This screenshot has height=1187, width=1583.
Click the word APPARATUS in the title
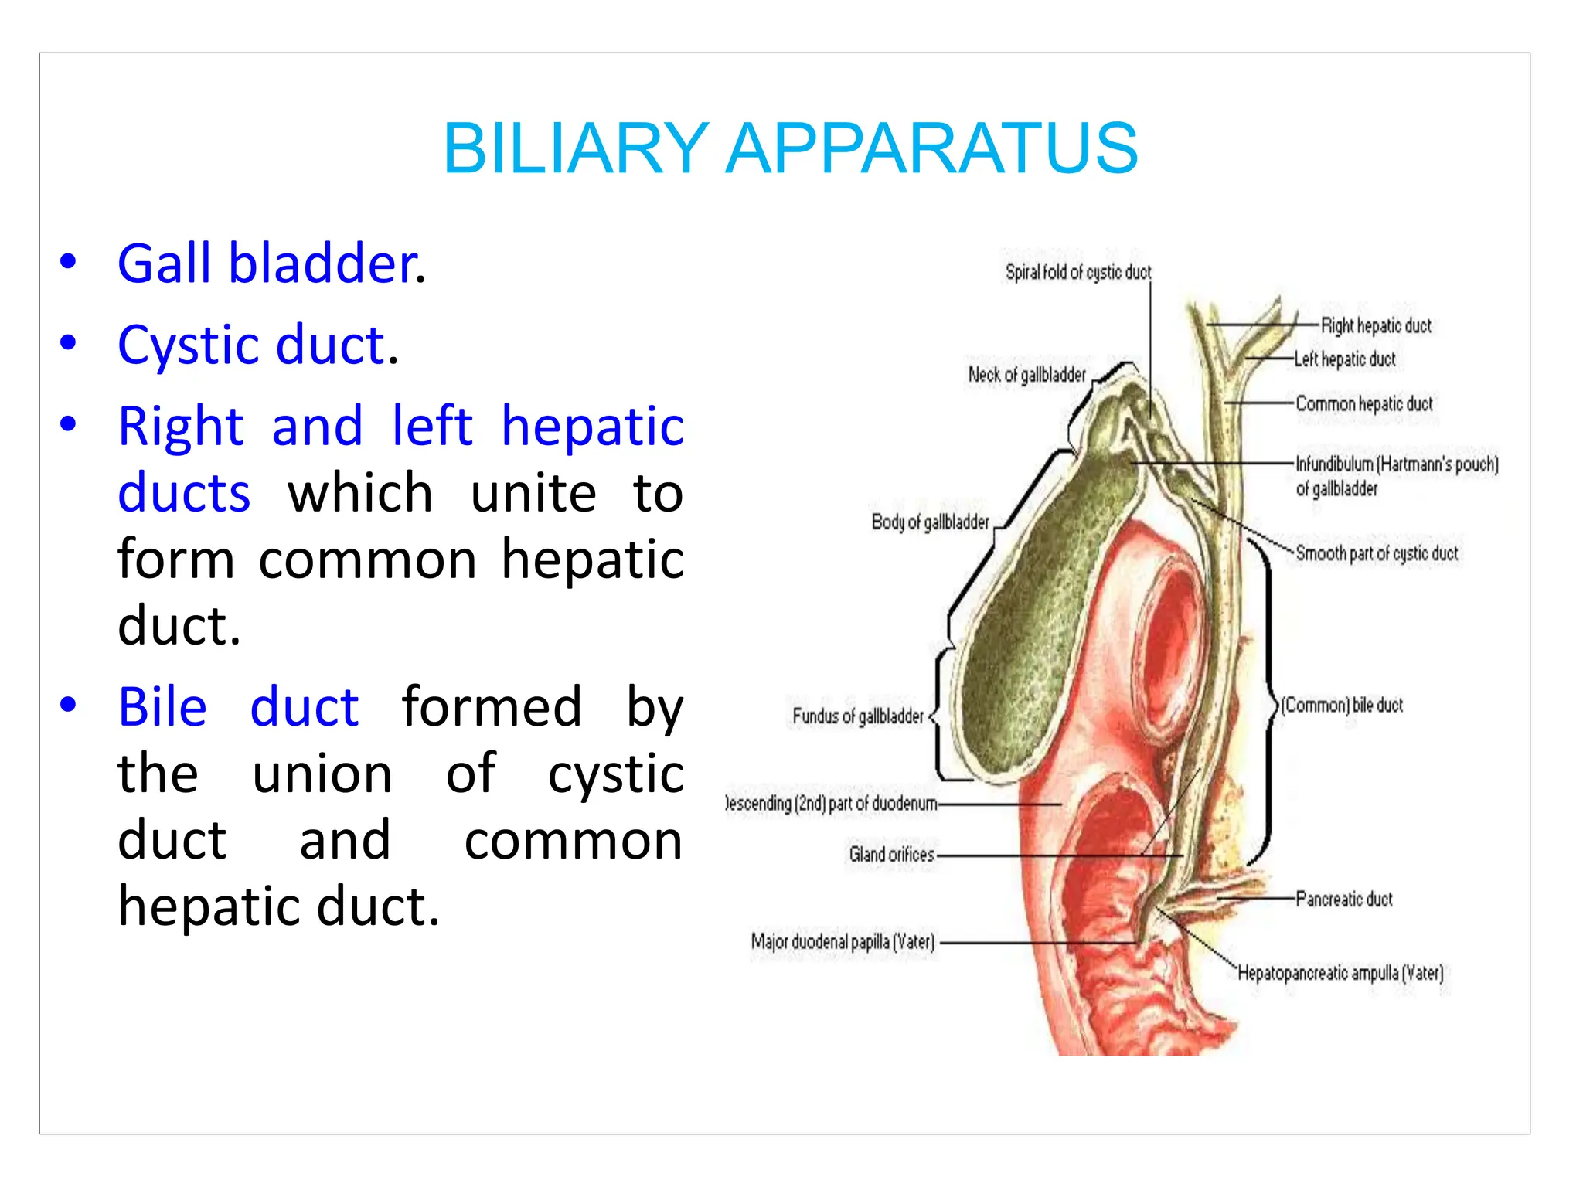(x=931, y=148)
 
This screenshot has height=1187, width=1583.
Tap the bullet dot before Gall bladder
(x=68, y=262)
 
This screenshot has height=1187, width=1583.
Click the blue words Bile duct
(x=238, y=706)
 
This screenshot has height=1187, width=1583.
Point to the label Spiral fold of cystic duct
(x=1077, y=272)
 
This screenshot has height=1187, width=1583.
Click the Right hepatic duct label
(x=1376, y=325)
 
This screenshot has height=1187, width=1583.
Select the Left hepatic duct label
(x=1345, y=359)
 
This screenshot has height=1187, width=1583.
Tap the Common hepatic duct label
(x=1363, y=403)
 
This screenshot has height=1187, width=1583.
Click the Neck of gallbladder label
(x=1026, y=375)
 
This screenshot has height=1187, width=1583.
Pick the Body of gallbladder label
(x=930, y=522)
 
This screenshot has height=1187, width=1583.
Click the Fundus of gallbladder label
(x=857, y=716)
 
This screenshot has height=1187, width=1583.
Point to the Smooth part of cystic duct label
(x=1377, y=553)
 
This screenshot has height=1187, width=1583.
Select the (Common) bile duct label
(x=1342, y=705)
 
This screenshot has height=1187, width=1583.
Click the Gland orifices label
(x=891, y=855)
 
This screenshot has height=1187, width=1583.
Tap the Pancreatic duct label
(x=1343, y=899)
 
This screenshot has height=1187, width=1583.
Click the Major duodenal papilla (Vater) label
(x=843, y=941)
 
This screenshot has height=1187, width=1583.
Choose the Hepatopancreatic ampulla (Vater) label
(x=1340, y=972)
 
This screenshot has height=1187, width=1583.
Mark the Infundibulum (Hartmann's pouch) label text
(x=1397, y=464)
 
